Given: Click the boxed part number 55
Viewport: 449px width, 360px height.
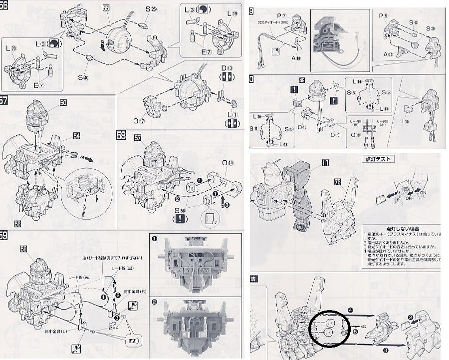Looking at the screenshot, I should (x=106, y=8).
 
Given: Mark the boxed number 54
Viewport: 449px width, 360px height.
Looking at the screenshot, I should (x=76, y=135).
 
